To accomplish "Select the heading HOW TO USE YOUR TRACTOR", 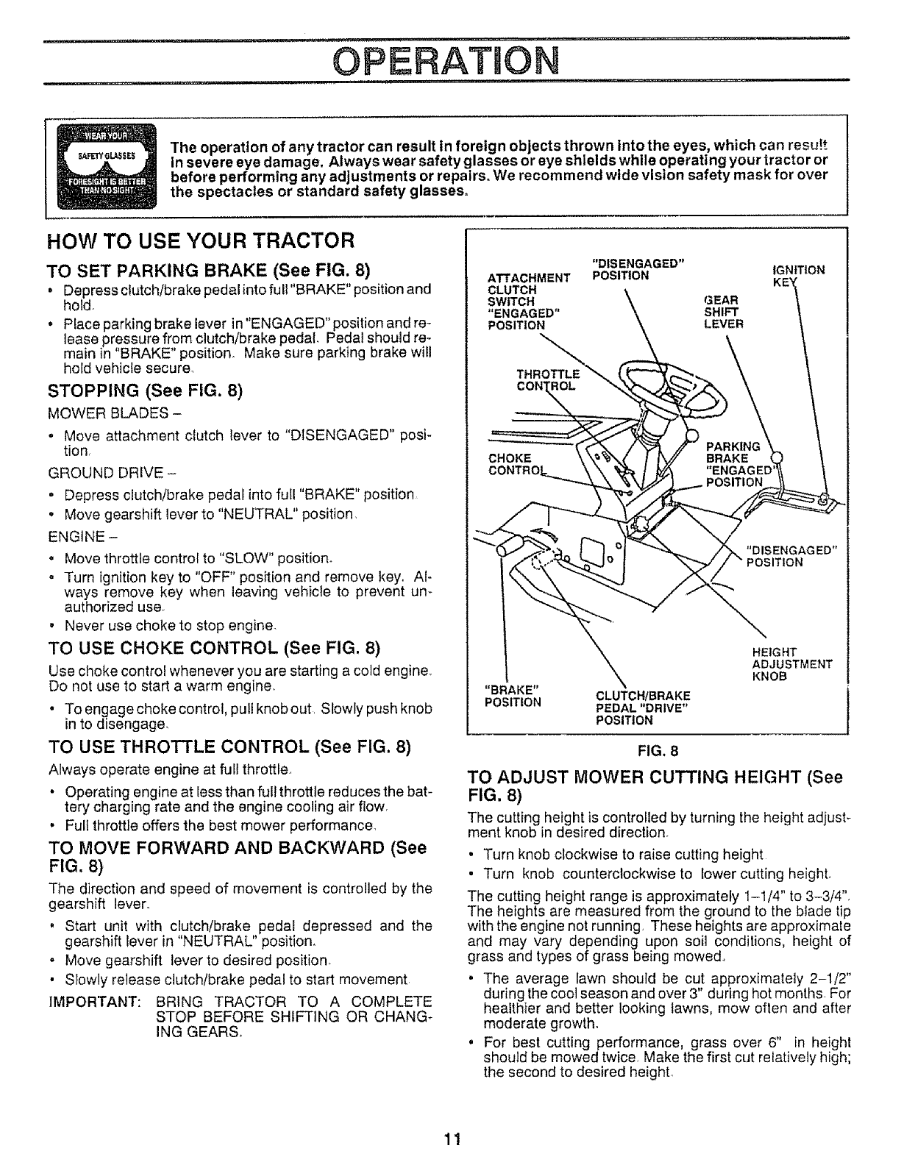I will click(201, 241).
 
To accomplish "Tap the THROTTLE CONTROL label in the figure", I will click(548, 379).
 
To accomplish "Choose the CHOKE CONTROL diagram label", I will click(510, 464).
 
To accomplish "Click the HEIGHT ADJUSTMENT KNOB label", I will click(791, 663).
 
